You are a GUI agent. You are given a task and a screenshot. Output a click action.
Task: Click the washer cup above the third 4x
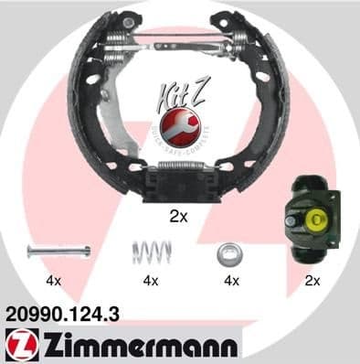pos(227,252)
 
